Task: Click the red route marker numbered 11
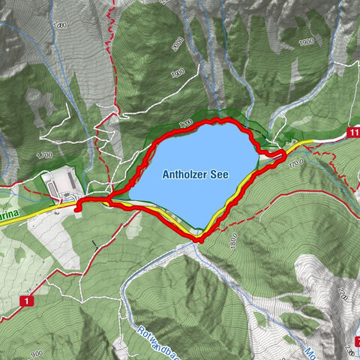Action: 354,133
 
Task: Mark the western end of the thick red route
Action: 78,208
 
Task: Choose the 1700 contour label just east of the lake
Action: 294,161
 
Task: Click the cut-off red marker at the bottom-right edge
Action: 357,341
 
